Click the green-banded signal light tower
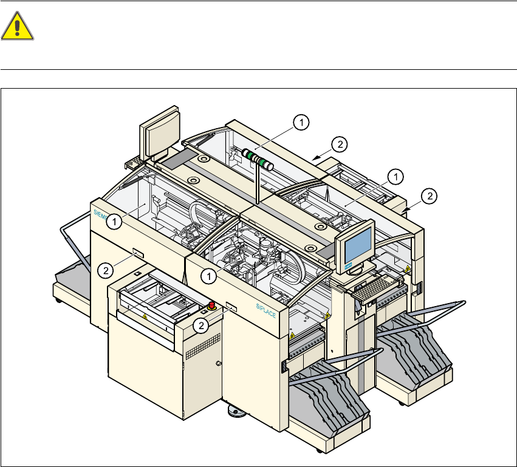[258, 158]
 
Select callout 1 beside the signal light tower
[299, 123]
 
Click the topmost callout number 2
[340, 144]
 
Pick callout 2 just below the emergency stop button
[203, 326]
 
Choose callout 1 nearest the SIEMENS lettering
[114, 222]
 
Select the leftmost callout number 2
[106, 268]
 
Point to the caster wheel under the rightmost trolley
[402, 402]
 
